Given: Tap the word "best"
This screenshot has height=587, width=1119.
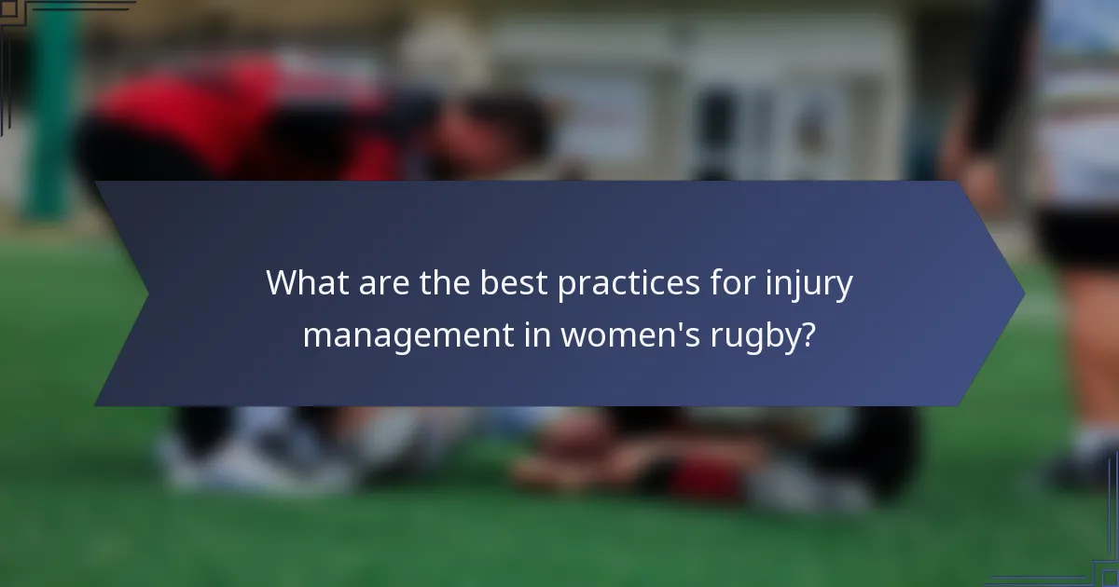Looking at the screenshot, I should click(516, 283).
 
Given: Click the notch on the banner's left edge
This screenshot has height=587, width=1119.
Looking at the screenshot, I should click(146, 295).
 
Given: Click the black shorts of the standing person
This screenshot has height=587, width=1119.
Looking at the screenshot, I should click(1077, 233).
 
